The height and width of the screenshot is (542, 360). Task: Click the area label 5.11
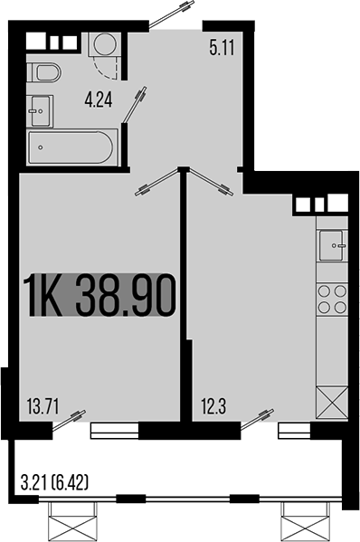[222, 49]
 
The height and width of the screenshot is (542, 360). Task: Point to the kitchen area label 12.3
[214, 405]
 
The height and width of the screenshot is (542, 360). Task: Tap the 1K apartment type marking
[44, 297]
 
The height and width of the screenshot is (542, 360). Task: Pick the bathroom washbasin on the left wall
[39, 109]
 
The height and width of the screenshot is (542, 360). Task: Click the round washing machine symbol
[103, 43]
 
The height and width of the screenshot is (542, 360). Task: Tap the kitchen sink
[332, 245]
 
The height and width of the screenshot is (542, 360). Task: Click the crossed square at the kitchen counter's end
[332, 401]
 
